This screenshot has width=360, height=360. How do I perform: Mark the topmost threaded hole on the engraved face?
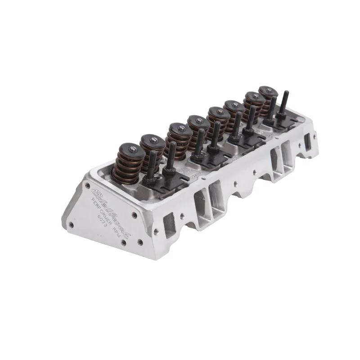pyautogui.click(x=86, y=185)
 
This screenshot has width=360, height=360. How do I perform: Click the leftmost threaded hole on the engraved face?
pyautogui.click(x=70, y=224)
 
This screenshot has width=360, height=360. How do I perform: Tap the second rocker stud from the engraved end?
pyautogui.click(x=171, y=153)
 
